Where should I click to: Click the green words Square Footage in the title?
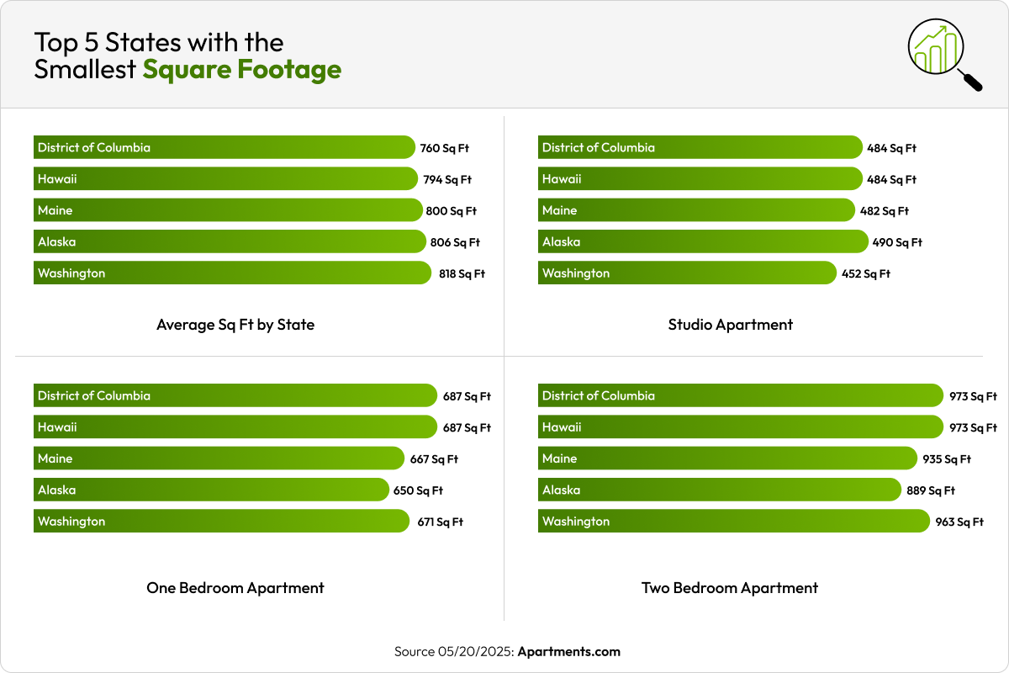[x=242, y=69]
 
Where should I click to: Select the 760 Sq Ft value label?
[x=444, y=148]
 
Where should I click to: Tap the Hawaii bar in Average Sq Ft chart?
[x=225, y=179]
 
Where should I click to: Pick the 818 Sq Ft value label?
[x=462, y=273]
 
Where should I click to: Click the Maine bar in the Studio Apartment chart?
[x=696, y=210]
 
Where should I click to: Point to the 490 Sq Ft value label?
[x=897, y=242]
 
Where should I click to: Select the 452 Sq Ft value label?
[x=865, y=273]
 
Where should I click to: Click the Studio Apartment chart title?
[x=730, y=325]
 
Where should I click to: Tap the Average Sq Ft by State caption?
[x=235, y=325]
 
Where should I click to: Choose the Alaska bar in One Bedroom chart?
[x=211, y=490]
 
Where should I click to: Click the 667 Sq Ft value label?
[x=433, y=459]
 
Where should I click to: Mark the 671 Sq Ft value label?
[x=440, y=522]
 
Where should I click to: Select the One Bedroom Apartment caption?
[x=235, y=588]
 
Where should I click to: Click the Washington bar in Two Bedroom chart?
[x=734, y=522]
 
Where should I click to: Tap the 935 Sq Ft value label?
[x=946, y=459]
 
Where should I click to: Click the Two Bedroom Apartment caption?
[x=730, y=588]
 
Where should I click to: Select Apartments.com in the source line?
[x=568, y=652]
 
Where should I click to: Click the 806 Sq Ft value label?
[x=455, y=242]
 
